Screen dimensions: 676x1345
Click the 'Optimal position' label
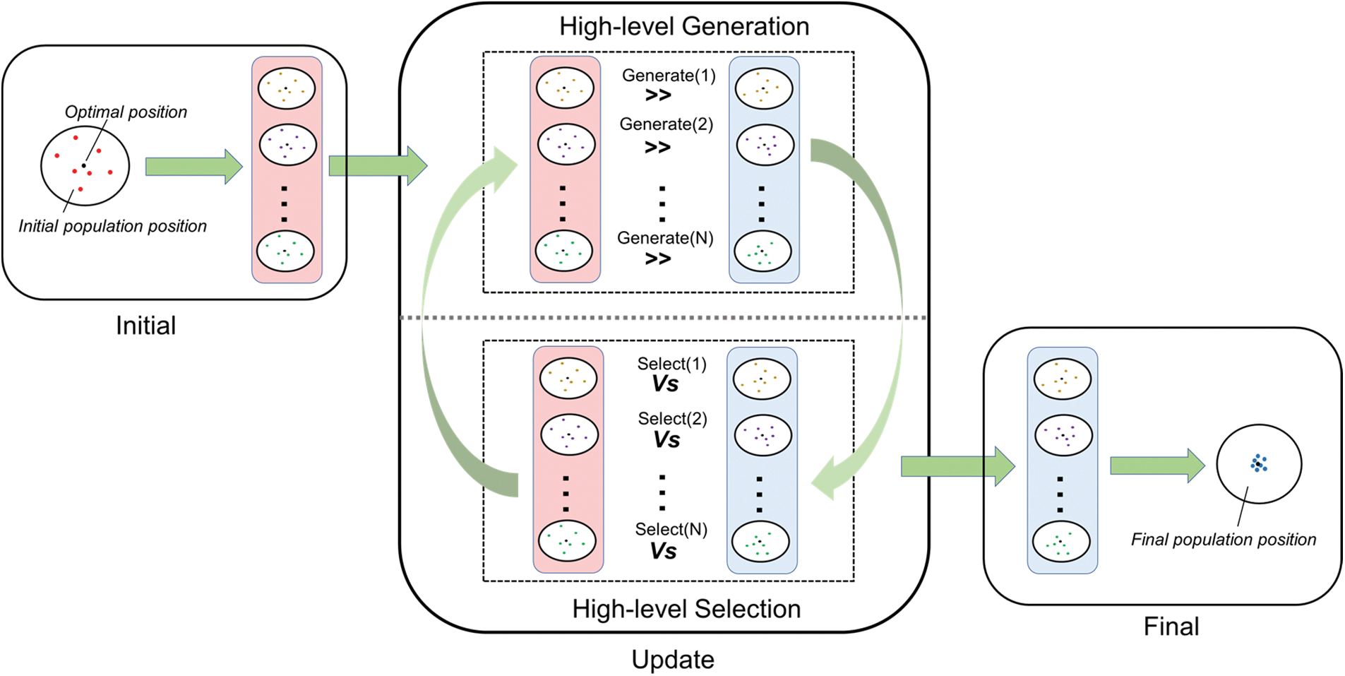click(126, 112)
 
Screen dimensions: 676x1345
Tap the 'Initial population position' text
click(112, 226)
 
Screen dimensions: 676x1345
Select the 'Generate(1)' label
click(668, 76)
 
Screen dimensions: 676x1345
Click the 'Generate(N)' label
click(665, 238)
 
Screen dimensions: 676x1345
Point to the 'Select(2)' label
click(672, 419)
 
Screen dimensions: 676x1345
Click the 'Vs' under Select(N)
click(663, 551)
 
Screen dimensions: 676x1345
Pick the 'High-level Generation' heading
click(683, 27)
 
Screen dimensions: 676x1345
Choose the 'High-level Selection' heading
click(686, 609)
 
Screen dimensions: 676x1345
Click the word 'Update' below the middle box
click(672, 660)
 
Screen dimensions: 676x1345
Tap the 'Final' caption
click(1171, 627)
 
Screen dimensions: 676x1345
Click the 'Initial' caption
click(145, 326)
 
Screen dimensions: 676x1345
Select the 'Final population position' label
click(1223, 540)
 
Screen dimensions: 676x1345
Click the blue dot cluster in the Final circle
click(1258, 463)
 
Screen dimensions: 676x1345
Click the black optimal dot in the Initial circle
click(83, 165)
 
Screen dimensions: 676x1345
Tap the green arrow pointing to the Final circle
click(1156, 466)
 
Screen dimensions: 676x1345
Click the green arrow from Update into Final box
click(957, 466)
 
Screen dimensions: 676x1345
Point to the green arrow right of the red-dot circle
click(193, 167)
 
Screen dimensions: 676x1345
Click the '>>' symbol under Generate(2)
click(657, 148)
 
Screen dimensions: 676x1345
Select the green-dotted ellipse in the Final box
click(1061, 542)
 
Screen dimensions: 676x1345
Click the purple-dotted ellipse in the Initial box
click(287, 145)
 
